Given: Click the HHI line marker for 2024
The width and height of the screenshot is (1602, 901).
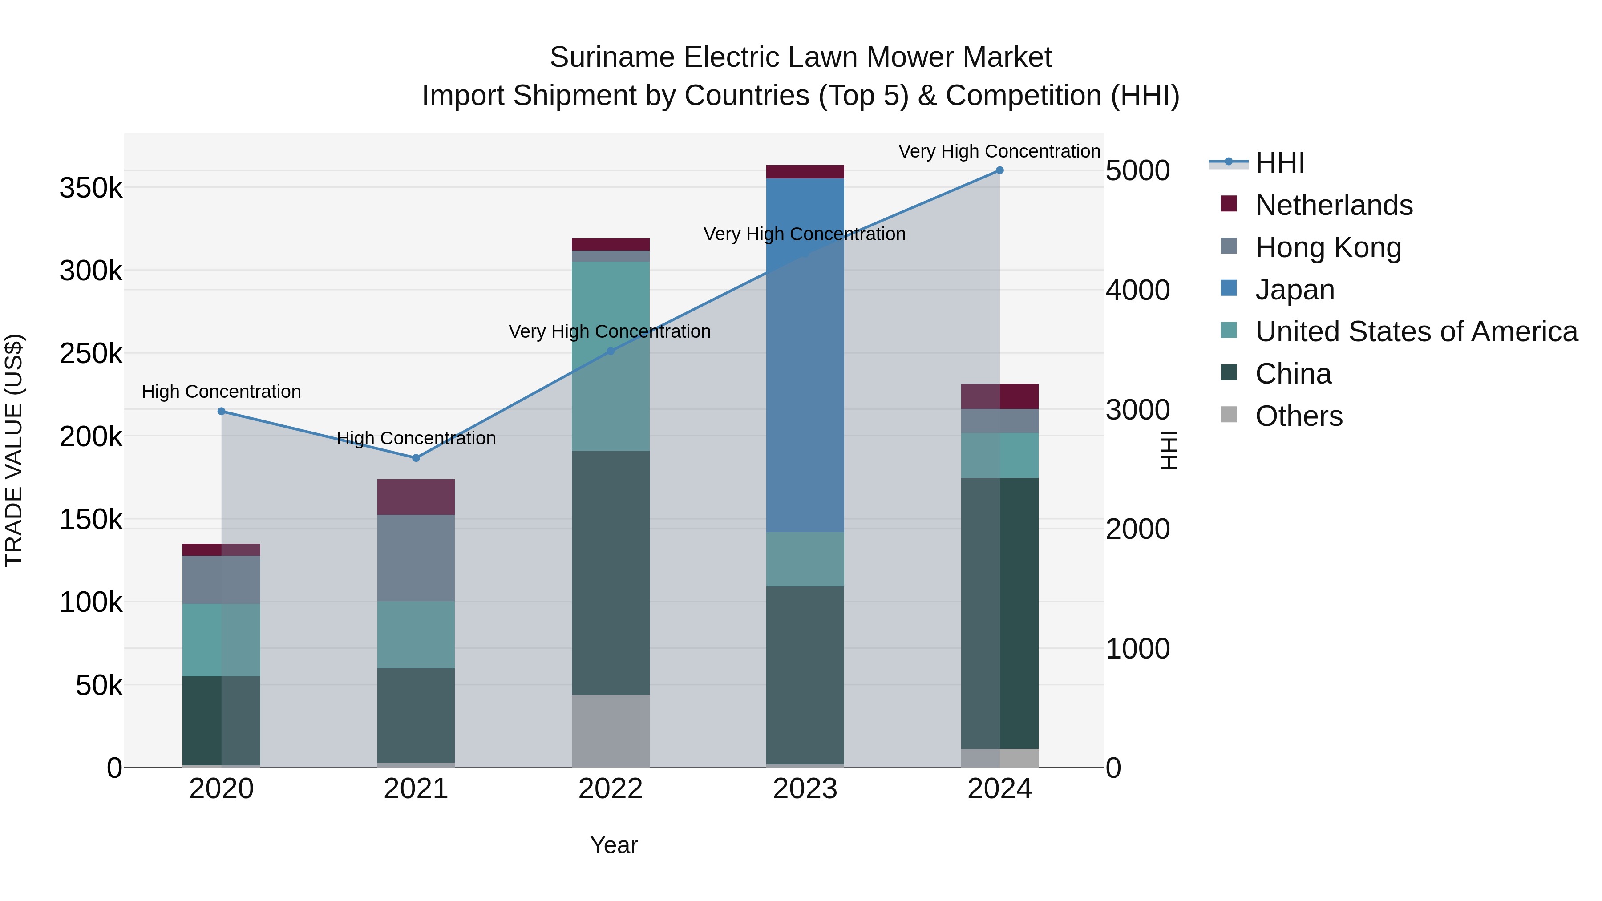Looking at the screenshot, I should click(999, 170).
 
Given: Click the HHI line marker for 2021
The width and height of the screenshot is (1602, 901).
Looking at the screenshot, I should click(416, 458).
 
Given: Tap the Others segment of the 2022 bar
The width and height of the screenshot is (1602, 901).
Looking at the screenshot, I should click(610, 731).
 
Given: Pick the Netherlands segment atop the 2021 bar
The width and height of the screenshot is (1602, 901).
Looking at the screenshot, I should click(416, 497).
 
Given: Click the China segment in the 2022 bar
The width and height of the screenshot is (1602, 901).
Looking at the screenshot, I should click(610, 572).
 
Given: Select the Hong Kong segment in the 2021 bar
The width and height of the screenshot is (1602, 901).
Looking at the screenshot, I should click(416, 558).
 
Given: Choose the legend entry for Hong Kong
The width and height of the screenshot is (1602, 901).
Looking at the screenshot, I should click(1328, 247).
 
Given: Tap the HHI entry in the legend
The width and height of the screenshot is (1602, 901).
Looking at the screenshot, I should click(1279, 163).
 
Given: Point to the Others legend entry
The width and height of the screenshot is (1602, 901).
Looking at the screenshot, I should click(1299, 416).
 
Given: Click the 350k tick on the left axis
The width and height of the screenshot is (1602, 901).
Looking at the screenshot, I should click(91, 188).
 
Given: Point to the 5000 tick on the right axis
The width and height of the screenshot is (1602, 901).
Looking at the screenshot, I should click(1137, 170).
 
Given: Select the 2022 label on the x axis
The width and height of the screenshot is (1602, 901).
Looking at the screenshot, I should click(610, 789).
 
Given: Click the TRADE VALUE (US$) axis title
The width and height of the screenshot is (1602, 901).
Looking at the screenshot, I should click(14, 450).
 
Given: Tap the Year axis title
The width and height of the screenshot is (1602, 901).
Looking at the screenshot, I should click(613, 845).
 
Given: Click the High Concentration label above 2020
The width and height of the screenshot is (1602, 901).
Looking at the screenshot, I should click(222, 392).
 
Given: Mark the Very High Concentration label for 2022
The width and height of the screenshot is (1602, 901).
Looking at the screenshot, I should click(610, 331).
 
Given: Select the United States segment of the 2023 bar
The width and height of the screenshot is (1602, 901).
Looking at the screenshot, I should click(805, 559).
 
